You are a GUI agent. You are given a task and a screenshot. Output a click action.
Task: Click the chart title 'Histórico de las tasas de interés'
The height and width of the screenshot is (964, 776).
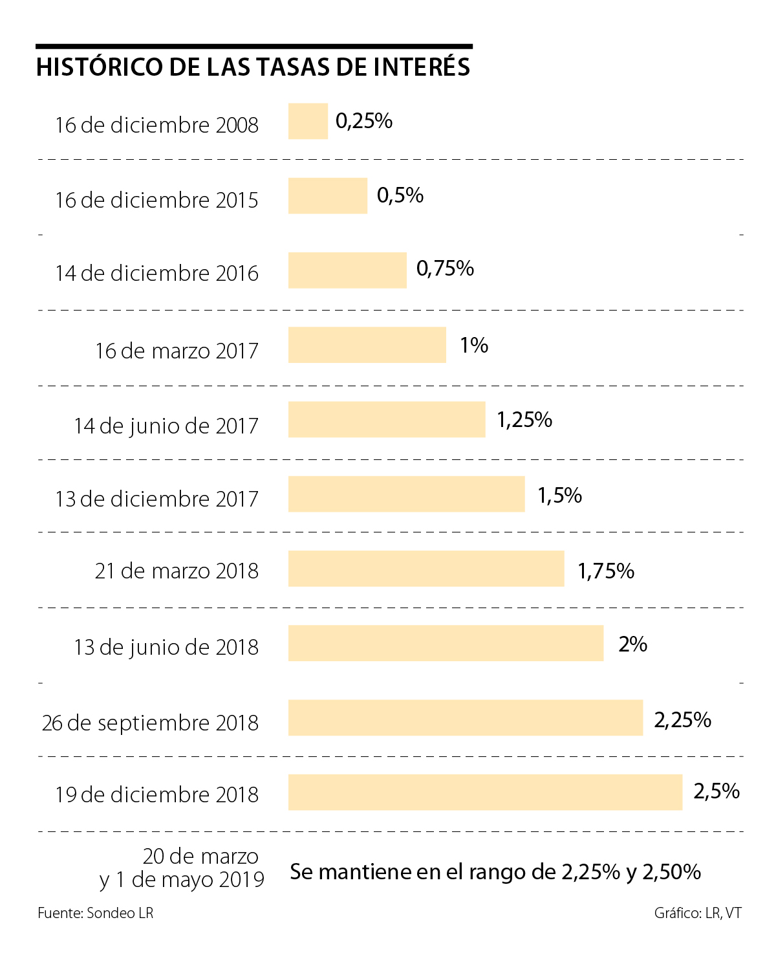click(x=253, y=67)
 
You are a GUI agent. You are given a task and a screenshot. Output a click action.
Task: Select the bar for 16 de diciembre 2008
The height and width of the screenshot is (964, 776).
click(x=308, y=121)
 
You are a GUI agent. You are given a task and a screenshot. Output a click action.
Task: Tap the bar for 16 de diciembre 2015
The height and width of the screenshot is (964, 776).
click(x=328, y=195)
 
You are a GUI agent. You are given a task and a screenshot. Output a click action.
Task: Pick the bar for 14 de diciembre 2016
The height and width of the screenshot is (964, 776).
click(x=347, y=270)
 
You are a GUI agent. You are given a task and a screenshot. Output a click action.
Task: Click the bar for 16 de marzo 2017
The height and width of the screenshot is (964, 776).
click(x=367, y=345)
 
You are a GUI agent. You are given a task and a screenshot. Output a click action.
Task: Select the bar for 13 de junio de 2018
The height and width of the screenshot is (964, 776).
click(x=446, y=643)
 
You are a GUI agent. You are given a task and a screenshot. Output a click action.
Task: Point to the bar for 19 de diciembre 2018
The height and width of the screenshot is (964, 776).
click(x=485, y=792)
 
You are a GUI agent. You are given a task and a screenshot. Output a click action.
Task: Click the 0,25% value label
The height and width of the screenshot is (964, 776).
click(x=364, y=121)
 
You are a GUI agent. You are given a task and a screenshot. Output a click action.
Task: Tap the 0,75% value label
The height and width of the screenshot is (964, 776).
click(x=445, y=268)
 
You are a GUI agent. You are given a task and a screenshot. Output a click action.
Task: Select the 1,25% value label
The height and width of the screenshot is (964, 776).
click(x=524, y=420)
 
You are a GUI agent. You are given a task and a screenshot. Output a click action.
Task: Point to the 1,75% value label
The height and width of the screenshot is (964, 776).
click(x=606, y=571)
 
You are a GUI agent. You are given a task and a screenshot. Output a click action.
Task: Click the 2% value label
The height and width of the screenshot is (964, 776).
click(x=632, y=644)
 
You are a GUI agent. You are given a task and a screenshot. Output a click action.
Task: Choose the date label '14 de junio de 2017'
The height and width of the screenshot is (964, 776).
click(x=166, y=426)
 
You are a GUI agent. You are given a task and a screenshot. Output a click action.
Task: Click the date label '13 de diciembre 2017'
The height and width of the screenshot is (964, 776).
click(x=156, y=499)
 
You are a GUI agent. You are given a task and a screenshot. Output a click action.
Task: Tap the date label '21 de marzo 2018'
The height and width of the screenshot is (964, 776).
click(x=177, y=571)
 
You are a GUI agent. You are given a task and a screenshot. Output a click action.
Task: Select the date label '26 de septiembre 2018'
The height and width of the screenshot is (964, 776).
click(x=150, y=723)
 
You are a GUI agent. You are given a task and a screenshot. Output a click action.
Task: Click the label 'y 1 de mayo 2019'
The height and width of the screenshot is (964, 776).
click(x=182, y=880)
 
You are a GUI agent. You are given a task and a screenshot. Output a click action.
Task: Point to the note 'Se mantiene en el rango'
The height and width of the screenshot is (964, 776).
click(x=495, y=872)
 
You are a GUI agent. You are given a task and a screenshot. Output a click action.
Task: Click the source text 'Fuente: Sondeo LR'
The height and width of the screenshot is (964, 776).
click(x=96, y=913)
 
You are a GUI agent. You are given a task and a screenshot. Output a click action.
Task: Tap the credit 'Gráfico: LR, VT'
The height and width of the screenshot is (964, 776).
click(x=698, y=913)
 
